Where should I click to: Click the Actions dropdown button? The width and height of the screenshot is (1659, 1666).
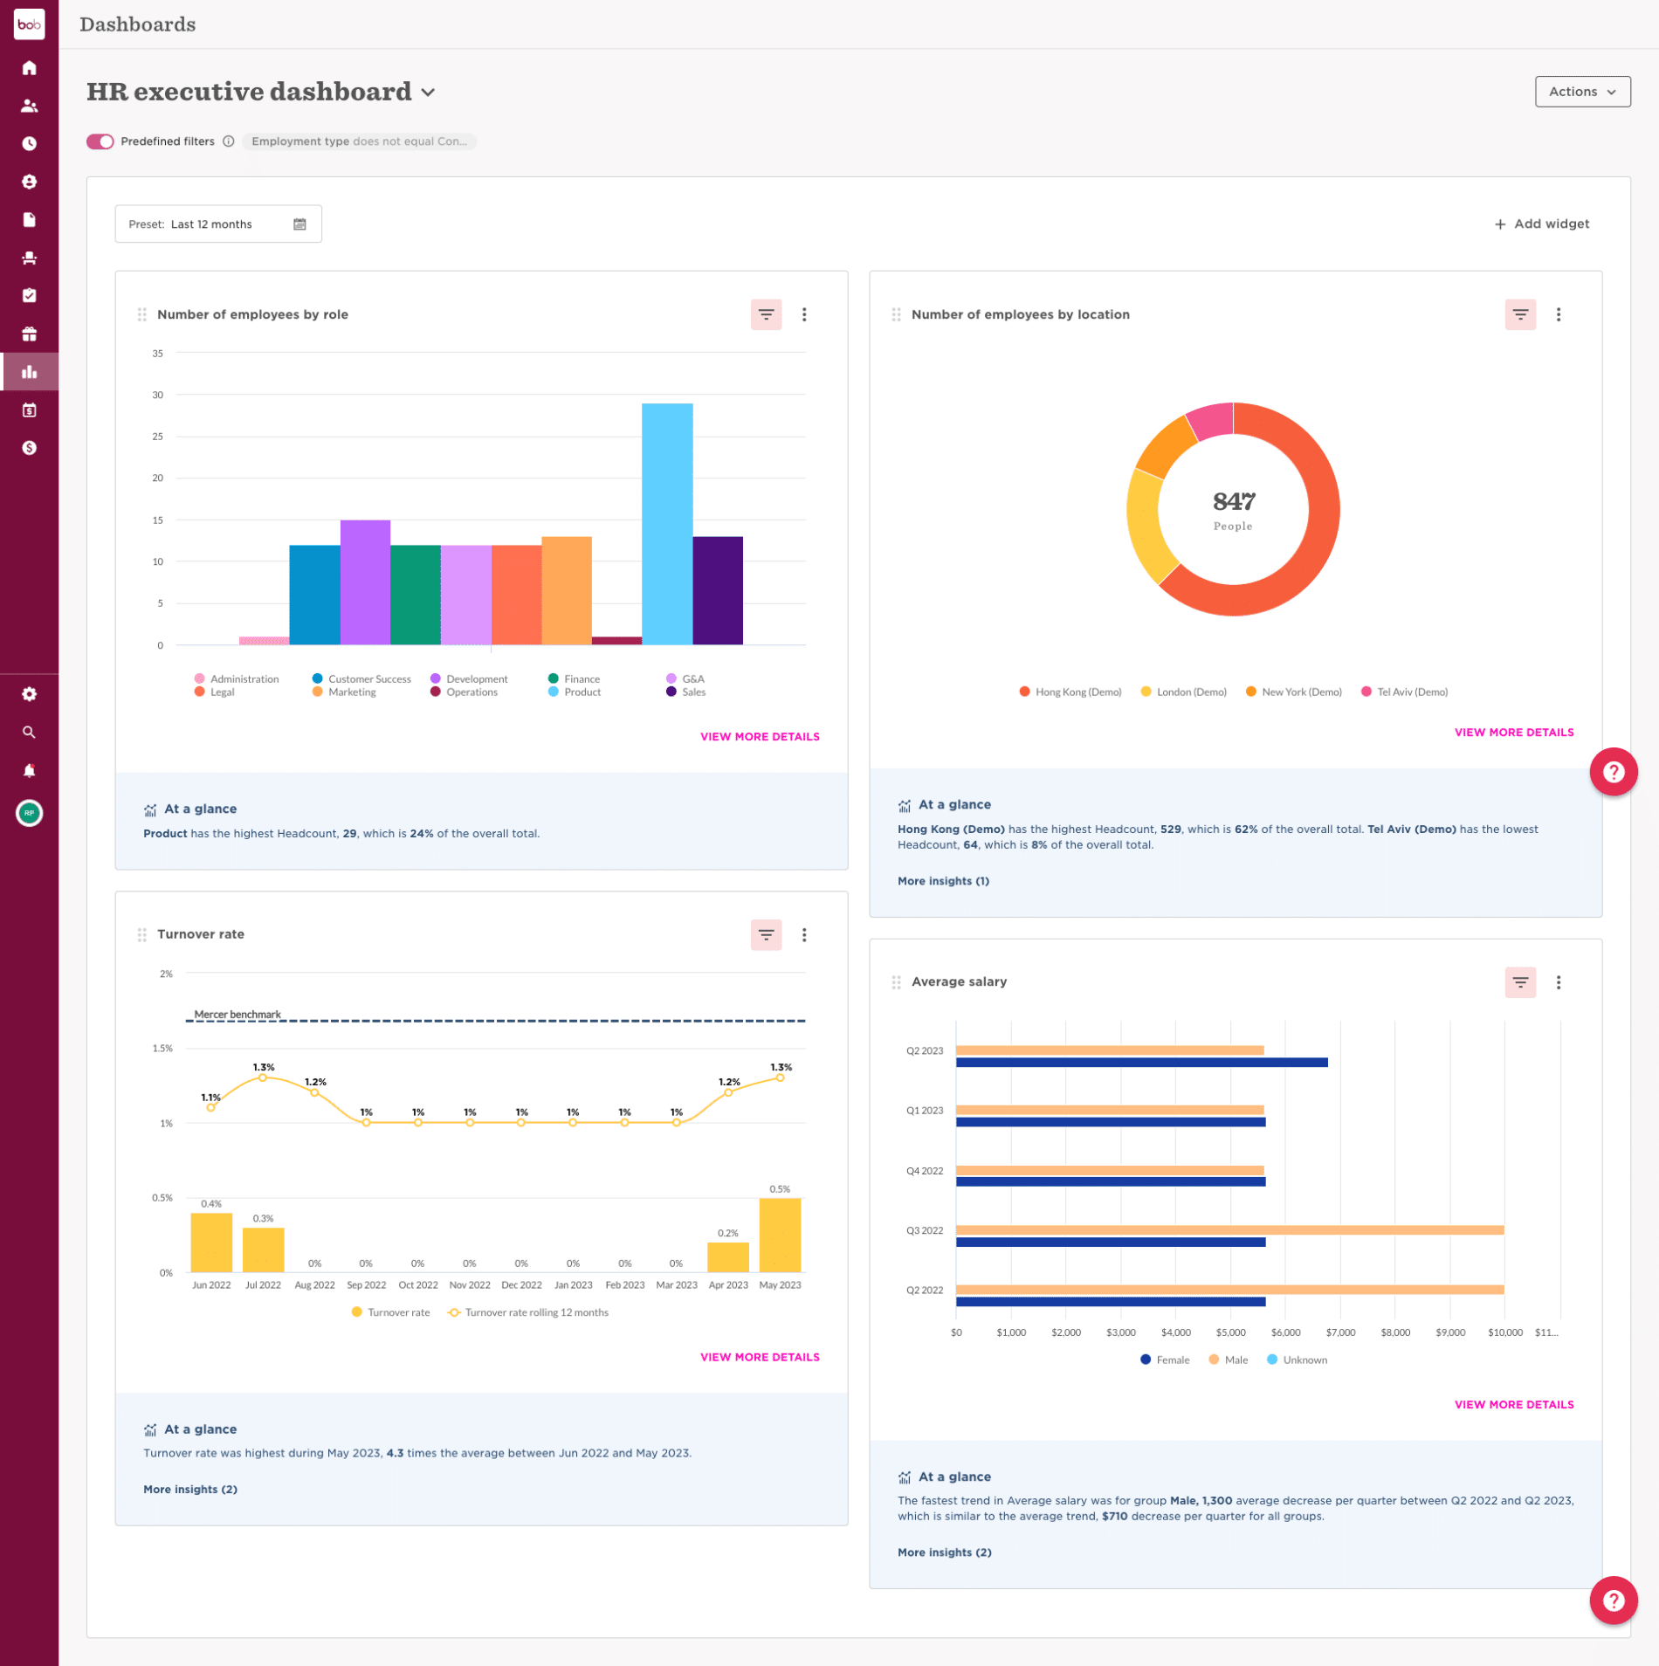1581,92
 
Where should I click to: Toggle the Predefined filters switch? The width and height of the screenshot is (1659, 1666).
100,141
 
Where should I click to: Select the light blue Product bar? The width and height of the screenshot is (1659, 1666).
667,524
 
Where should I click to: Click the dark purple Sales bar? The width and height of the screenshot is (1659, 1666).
718,590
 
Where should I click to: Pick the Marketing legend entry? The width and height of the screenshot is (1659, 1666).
351,692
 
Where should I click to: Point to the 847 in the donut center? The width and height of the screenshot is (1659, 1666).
1233,501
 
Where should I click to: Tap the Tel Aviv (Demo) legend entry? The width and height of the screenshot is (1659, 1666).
1411,692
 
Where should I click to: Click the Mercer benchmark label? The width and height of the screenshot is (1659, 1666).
237,1015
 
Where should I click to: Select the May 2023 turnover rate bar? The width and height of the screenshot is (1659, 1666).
780,1235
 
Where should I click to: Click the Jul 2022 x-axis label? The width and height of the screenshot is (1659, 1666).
263,1285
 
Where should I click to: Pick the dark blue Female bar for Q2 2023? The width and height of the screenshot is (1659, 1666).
1141,1063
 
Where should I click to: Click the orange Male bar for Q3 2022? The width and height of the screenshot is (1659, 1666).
1229,1230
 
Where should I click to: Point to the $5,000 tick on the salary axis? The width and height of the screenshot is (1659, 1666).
1230,1332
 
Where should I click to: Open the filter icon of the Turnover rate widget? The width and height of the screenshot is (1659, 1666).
766,935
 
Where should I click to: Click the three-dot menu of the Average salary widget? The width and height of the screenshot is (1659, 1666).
1558,982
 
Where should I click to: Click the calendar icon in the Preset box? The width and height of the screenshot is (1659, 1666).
299,224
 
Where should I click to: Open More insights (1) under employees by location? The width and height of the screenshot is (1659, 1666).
943,881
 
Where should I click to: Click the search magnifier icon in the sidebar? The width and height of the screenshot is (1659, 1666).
29,733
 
